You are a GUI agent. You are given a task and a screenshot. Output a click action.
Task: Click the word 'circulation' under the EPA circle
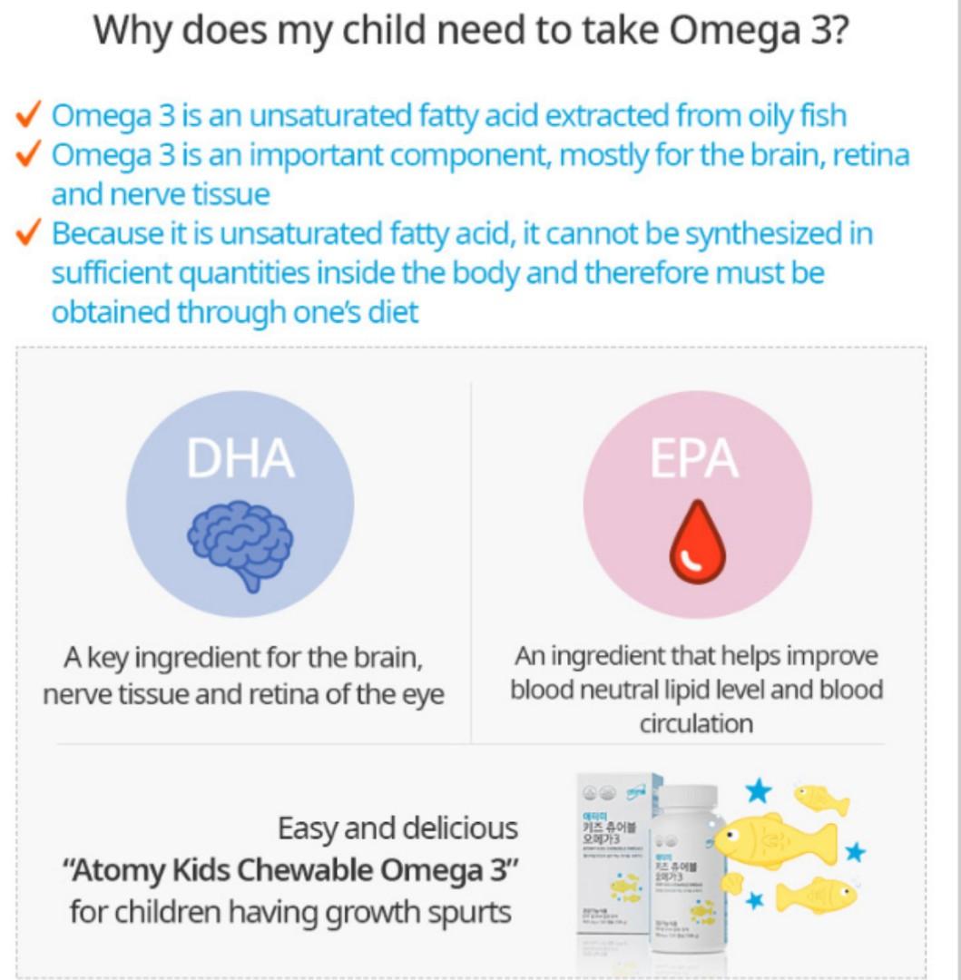[696, 723]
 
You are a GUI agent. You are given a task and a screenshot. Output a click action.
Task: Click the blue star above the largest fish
[757, 790]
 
